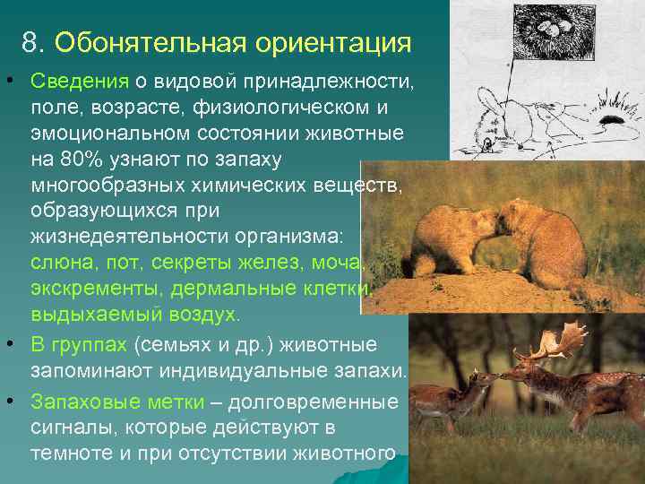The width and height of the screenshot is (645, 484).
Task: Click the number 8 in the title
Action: [32, 43]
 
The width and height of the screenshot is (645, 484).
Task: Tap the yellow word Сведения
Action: [80, 83]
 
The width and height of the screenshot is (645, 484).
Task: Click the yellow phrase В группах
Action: [79, 345]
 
